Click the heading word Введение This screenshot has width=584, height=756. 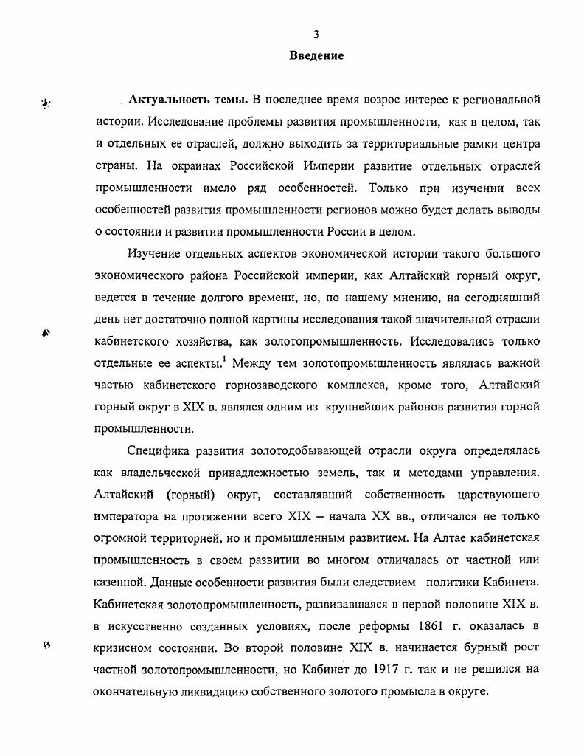tap(316, 56)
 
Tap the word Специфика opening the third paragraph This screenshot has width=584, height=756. tap(157, 451)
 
